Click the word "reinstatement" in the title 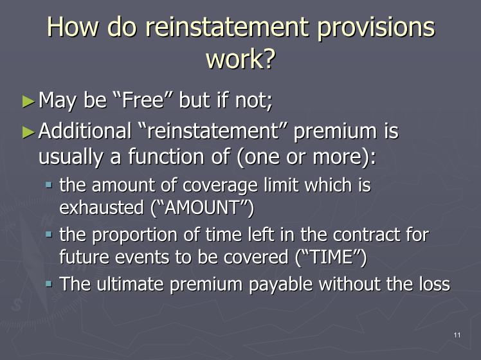227,26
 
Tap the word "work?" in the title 240,59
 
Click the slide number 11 457,335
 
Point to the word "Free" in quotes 143,100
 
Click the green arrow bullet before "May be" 29,101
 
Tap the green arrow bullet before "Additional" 29,132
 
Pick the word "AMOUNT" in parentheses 202,208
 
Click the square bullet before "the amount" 49,185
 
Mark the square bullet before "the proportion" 49,235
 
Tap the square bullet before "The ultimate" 49,283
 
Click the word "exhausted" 102,208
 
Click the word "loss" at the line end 435,283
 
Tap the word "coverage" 221,186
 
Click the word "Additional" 85,130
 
